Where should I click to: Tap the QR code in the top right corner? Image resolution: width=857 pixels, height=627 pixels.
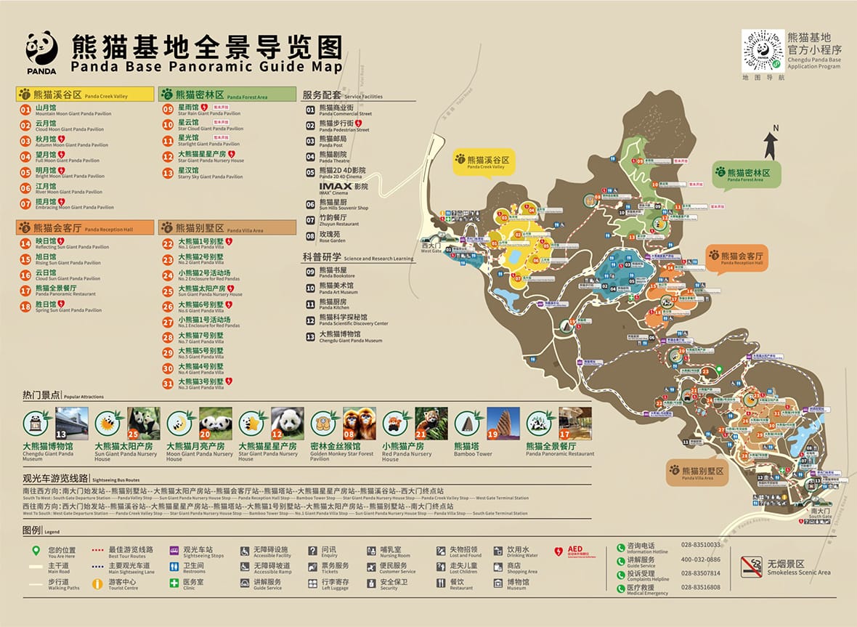pyautogui.click(x=762, y=51)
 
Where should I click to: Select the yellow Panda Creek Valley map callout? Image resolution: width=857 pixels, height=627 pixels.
pyautogui.click(x=480, y=162)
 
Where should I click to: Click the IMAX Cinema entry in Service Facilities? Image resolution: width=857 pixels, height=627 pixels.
pyautogui.click(x=343, y=188)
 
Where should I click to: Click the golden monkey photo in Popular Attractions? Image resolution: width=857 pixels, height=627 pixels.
pyautogui.click(x=360, y=424)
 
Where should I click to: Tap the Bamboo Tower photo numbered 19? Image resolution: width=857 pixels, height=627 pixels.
pyautogui.click(x=503, y=424)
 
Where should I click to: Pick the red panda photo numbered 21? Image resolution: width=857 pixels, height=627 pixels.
pyautogui.click(x=431, y=424)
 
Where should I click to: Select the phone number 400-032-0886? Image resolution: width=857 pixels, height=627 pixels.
pyautogui.click(x=701, y=559)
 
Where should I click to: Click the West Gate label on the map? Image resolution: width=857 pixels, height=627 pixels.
pyautogui.click(x=431, y=246)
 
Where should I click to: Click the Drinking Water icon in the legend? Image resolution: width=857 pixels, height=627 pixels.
pyautogui.click(x=497, y=551)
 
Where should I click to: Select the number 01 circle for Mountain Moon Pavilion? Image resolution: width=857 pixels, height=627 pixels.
pyautogui.click(x=25, y=110)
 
